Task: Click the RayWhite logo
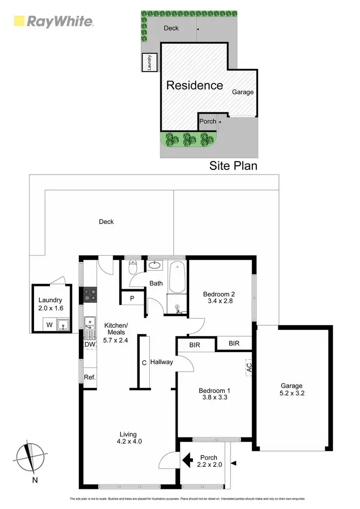53,21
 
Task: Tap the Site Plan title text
233,166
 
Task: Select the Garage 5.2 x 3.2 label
291,389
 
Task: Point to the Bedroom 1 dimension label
213,394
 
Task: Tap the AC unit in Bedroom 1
249,368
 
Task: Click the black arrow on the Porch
187,460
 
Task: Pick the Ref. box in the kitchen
90,377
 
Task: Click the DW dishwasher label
89,344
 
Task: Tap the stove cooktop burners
90,294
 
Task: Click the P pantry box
132,298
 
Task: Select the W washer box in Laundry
49,325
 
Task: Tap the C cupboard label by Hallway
144,363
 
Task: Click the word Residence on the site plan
194,85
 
